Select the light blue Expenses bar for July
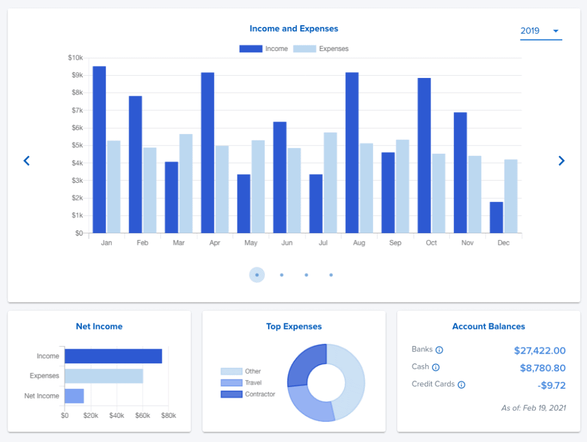coord(330,183)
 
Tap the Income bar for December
coord(496,217)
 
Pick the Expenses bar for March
coord(186,183)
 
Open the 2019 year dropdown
coord(541,31)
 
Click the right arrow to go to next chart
coord(561,161)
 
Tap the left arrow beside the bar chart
coord(26,161)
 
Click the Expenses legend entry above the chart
coord(321,49)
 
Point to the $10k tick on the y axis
coord(75,58)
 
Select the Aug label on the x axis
coord(359,243)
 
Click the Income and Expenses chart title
coord(293,29)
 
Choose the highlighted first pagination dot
coord(257,275)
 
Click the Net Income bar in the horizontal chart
coord(74,396)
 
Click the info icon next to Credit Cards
coord(461,385)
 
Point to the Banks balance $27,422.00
coord(539,351)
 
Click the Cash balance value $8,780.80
coord(542,368)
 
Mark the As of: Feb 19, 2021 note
coord(533,408)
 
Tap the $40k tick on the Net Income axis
coord(116,415)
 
